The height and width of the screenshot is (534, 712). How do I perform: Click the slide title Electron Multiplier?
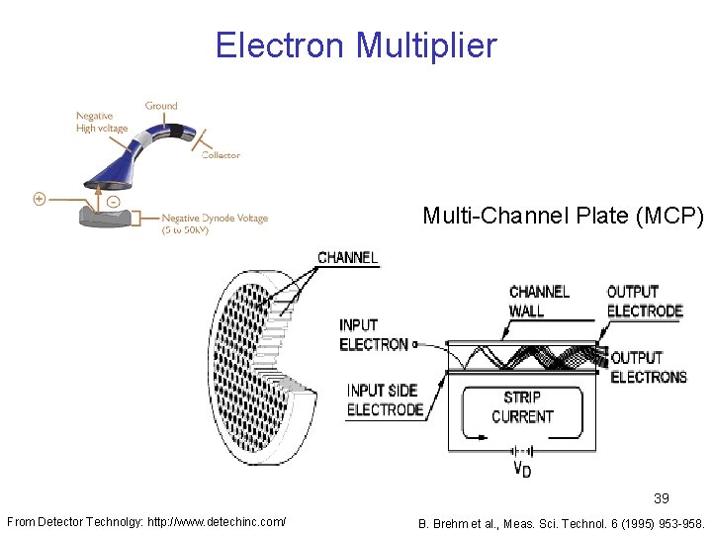(356, 45)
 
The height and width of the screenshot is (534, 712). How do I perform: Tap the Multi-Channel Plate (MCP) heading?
(562, 216)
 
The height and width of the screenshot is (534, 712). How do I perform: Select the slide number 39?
(661, 499)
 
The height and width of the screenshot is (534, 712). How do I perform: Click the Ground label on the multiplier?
(161, 106)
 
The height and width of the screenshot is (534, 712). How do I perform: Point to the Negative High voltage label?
(102, 122)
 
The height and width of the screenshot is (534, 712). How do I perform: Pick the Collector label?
(221, 154)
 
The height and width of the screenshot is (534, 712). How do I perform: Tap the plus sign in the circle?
(39, 199)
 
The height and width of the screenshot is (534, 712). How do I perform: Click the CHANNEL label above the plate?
(347, 258)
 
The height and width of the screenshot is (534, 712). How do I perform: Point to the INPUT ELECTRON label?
(373, 334)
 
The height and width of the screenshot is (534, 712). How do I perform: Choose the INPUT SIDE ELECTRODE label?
(385, 400)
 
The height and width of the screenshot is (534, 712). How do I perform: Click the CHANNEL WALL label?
(539, 301)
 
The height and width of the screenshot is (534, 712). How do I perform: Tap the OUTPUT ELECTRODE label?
(645, 301)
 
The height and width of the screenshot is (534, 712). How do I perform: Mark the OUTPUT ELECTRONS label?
(649, 367)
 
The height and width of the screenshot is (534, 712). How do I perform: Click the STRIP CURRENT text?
(522, 406)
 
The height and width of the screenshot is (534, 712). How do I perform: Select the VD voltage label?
(521, 469)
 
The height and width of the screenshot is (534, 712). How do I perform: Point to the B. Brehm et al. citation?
(561, 521)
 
